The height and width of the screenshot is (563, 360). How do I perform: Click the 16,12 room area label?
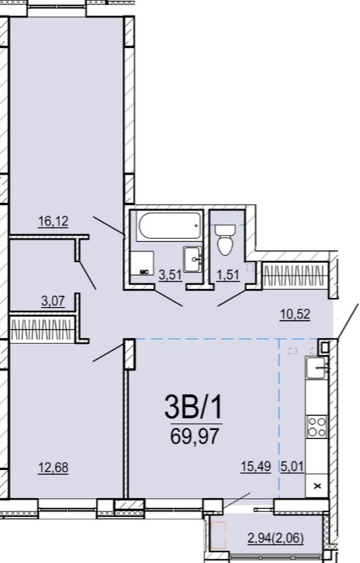53,221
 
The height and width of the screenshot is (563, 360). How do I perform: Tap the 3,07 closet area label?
53,302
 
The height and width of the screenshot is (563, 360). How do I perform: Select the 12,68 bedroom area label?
53,468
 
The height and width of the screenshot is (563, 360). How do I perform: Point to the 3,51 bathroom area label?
170,276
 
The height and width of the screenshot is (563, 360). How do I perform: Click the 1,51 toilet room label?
228,275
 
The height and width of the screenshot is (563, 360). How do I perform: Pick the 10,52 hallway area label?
295,314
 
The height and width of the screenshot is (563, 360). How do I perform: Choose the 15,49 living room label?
256,466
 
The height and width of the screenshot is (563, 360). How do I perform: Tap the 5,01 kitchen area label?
292,466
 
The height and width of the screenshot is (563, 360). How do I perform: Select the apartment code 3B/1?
194,407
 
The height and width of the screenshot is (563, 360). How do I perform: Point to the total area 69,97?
194,436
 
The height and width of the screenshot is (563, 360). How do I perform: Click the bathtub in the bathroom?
168,226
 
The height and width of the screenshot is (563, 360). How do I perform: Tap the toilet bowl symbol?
225,240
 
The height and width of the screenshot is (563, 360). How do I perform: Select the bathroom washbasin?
193,259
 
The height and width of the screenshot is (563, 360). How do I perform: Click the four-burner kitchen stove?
316,426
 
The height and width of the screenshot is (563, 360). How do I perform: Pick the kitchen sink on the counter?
316,367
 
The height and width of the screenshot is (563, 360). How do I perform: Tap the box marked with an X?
316,485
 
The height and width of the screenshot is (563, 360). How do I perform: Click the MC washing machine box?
142,264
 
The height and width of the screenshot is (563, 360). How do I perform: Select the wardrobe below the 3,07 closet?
42,329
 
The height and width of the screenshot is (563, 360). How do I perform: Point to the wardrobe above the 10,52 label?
295,276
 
